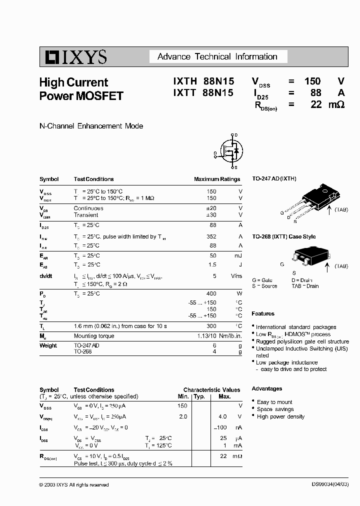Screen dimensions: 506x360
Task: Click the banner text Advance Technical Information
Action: pyautogui.click(x=217, y=56)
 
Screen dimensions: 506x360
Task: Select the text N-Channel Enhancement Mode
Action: pyautogui.click(x=91, y=126)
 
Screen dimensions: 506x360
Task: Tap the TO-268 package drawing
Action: pyautogui.click(x=310, y=255)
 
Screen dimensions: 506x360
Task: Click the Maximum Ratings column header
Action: pyautogui.click(x=216, y=179)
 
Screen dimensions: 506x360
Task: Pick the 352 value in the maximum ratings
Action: pyautogui.click(x=211, y=236)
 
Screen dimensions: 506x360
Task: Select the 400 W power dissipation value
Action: pyautogui.click(x=211, y=293)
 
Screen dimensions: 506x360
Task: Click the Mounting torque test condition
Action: pyautogui.click(x=94, y=336)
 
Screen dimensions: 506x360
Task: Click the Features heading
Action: pyautogui.click(x=263, y=313)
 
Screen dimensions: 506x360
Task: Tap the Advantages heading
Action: pyautogui.click(x=266, y=388)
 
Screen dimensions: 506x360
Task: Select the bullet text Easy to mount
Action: pyautogui.click(x=274, y=402)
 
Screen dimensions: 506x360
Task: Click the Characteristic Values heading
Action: pyautogui.click(x=211, y=390)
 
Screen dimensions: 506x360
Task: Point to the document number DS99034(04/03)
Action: pyautogui.click(x=325, y=484)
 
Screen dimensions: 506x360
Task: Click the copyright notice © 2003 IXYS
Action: pyautogui.click(x=73, y=484)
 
